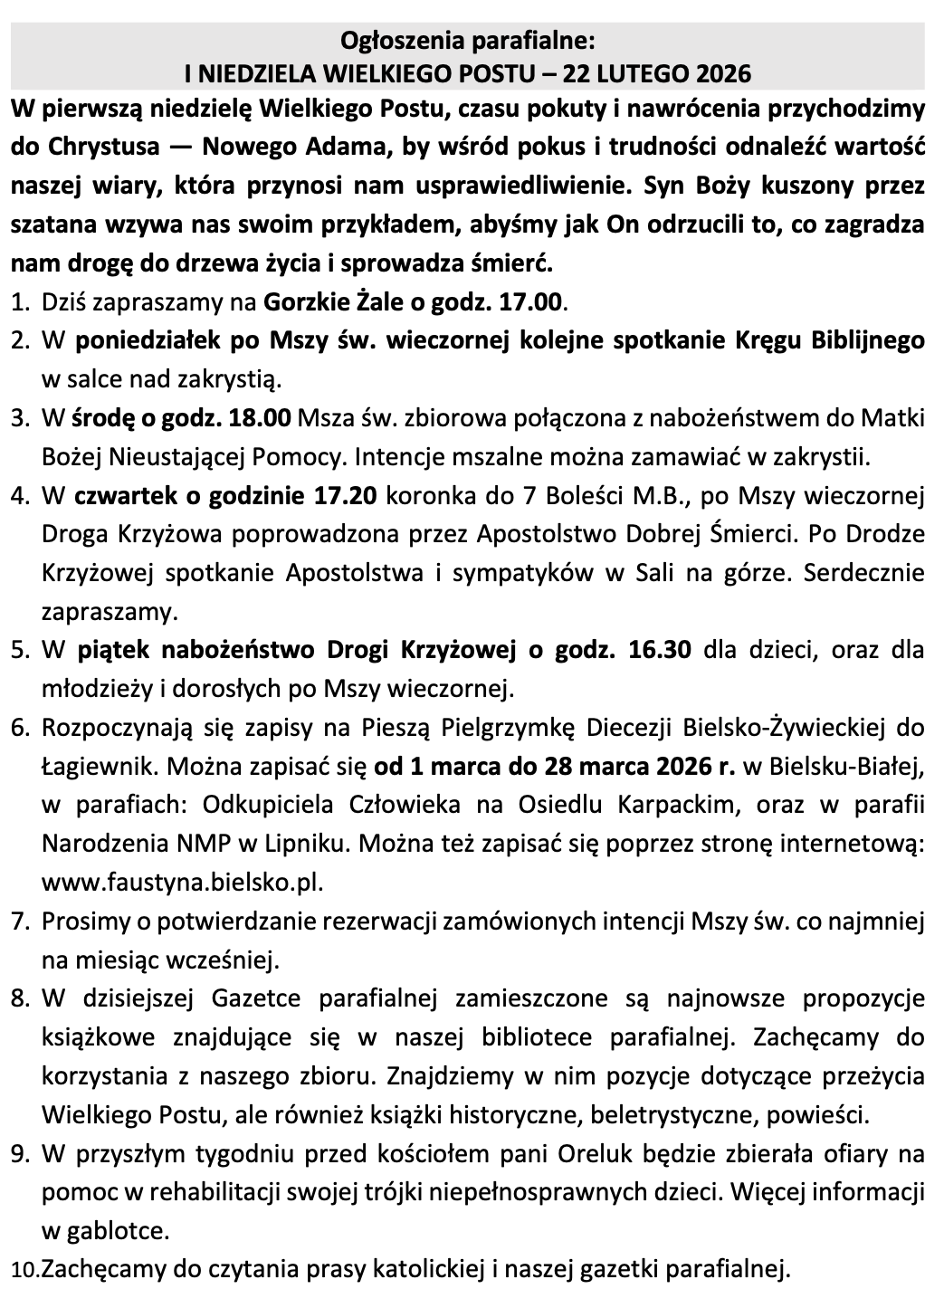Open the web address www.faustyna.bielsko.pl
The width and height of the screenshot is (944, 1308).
[182, 882]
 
